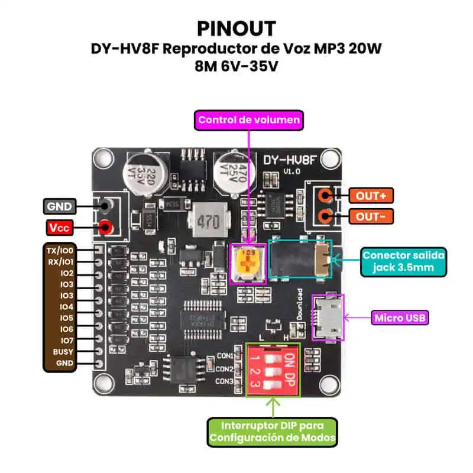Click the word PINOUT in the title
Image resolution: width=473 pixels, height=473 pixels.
click(x=236, y=28)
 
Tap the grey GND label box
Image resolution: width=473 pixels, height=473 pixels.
click(x=59, y=206)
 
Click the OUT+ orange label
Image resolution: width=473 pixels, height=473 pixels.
click(x=371, y=195)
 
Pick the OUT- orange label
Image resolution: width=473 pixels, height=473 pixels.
click(x=371, y=216)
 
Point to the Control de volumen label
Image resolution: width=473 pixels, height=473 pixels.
click(x=249, y=121)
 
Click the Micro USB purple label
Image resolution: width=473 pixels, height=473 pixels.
click(x=400, y=318)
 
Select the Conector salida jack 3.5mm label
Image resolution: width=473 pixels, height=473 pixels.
click(x=404, y=261)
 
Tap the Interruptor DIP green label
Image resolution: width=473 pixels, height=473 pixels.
click(x=272, y=432)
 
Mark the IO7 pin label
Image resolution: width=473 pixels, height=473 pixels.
click(x=66, y=341)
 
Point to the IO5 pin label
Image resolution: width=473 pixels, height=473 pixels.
click(x=66, y=318)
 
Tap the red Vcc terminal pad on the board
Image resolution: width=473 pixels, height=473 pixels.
click(x=106, y=227)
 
